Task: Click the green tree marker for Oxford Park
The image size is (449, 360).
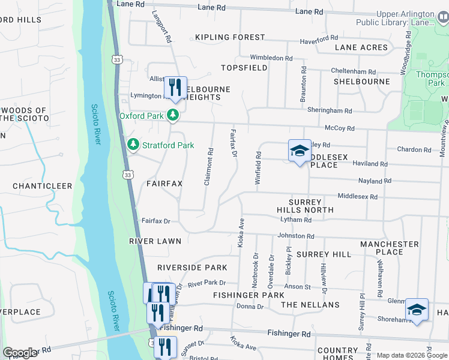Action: click(x=173, y=115)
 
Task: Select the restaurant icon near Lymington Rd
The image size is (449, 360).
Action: click(x=175, y=88)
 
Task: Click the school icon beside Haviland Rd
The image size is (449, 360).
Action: click(x=300, y=151)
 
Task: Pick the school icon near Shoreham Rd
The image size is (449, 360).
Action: click(x=417, y=310)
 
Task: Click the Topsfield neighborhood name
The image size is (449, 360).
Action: click(x=244, y=68)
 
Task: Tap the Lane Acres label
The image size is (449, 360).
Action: click(x=362, y=47)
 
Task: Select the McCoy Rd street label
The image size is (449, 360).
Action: click(x=340, y=128)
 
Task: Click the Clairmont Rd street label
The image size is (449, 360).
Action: click(x=208, y=166)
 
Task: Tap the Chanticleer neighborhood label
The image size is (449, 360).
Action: click(x=43, y=186)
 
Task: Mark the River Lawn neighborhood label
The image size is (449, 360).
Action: click(x=155, y=241)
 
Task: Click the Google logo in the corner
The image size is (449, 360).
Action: click(x=19, y=353)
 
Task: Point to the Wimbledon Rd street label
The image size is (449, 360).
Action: click(x=271, y=58)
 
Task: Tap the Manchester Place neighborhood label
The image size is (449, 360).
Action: click(x=390, y=248)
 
